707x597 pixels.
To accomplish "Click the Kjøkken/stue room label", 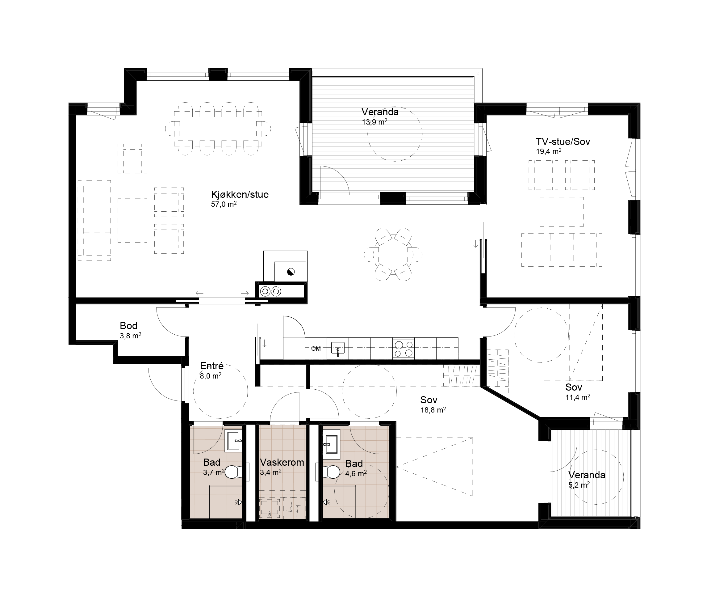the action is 240,195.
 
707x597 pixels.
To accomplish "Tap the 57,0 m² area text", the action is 224,204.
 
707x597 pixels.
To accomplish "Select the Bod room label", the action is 128,326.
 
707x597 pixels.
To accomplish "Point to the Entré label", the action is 212,366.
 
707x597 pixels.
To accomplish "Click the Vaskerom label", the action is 282,462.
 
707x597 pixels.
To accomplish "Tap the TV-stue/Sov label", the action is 563,142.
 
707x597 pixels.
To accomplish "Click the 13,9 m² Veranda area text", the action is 374,122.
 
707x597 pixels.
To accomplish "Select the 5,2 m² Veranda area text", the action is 579,485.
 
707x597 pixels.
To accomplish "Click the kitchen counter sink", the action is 338,349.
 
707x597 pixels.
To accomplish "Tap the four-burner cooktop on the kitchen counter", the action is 404,349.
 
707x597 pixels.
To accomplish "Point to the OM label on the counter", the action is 316,349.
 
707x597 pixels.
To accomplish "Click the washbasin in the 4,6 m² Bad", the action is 331,444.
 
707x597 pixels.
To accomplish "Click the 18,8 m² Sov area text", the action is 433,410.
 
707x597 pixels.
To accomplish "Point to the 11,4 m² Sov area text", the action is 578,397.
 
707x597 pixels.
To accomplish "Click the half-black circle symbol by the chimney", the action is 291,271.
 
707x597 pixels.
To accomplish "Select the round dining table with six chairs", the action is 393,255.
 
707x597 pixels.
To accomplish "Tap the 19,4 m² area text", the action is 548,151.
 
